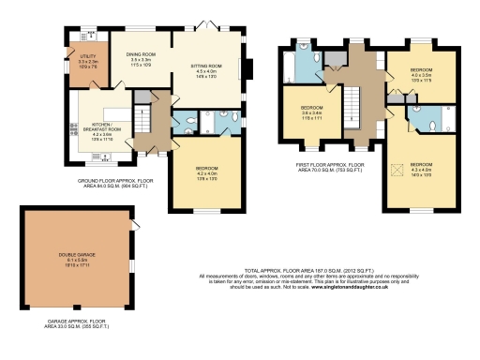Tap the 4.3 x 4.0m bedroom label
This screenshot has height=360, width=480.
click(x=423, y=170)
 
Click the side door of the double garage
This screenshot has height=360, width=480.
click(x=133, y=225)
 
